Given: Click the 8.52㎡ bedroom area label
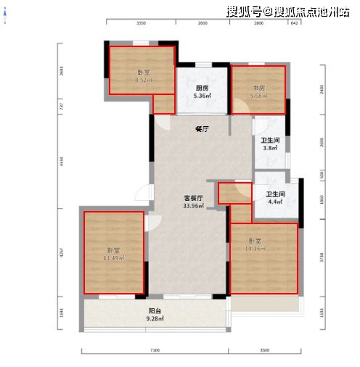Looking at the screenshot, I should [x=142, y=80].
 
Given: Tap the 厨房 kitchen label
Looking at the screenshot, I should [x=202, y=88].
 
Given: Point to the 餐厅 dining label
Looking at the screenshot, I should [x=202, y=129].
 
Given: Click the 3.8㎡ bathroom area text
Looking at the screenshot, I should [x=271, y=149].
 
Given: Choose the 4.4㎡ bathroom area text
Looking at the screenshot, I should [x=276, y=202].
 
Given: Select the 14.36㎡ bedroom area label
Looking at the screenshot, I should [x=255, y=249].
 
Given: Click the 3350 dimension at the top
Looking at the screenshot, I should [x=142, y=24].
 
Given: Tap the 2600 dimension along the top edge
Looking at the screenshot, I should [x=202, y=24].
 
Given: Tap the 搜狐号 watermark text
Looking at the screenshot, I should [x=245, y=11].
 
